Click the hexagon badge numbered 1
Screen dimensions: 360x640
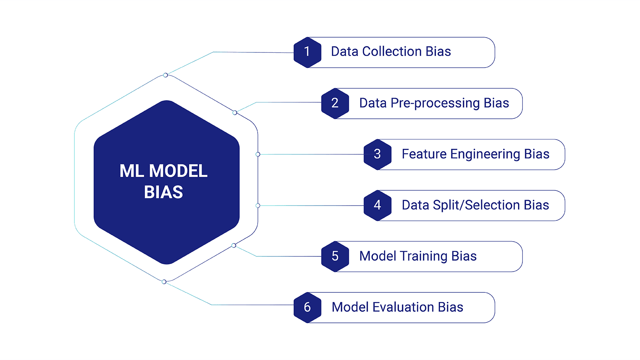(307, 52)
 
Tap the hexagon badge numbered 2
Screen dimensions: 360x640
(335, 103)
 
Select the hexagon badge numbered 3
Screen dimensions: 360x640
(377, 154)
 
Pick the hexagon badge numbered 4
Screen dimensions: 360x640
(377, 205)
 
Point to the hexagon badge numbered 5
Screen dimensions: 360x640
(335, 256)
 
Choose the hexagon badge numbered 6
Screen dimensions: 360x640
(307, 307)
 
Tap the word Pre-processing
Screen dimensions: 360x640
(435, 103)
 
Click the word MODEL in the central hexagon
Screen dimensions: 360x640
(178, 171)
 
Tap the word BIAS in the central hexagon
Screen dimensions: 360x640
(163, 192)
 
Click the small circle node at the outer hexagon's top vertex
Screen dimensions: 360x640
(165, 75)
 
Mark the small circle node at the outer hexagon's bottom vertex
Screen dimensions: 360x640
(164, 282)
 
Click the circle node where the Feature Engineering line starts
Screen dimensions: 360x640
(258, 154)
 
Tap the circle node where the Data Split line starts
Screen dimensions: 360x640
(258, 206)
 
